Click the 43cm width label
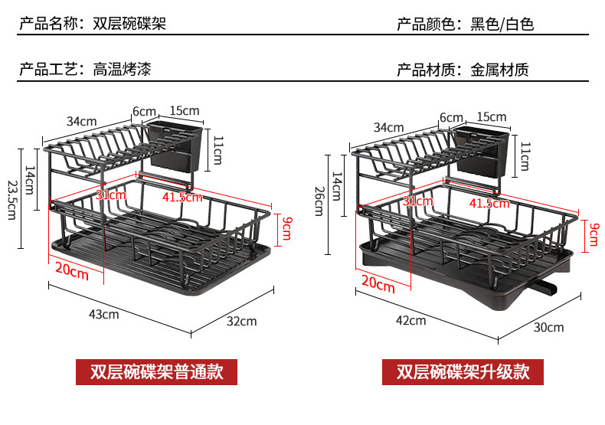pos(104,314)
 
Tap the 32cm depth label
pos(242,322)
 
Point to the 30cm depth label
pos(548,327)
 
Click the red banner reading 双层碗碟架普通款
pos(156,372)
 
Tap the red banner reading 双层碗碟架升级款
pos(462,372)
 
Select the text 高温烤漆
pos(122,70)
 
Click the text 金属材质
pos(499,70)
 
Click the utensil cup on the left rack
pos(177,145)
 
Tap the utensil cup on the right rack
pos(479,150)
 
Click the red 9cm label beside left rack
pos(286,227)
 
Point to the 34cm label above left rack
pos(81,121)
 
